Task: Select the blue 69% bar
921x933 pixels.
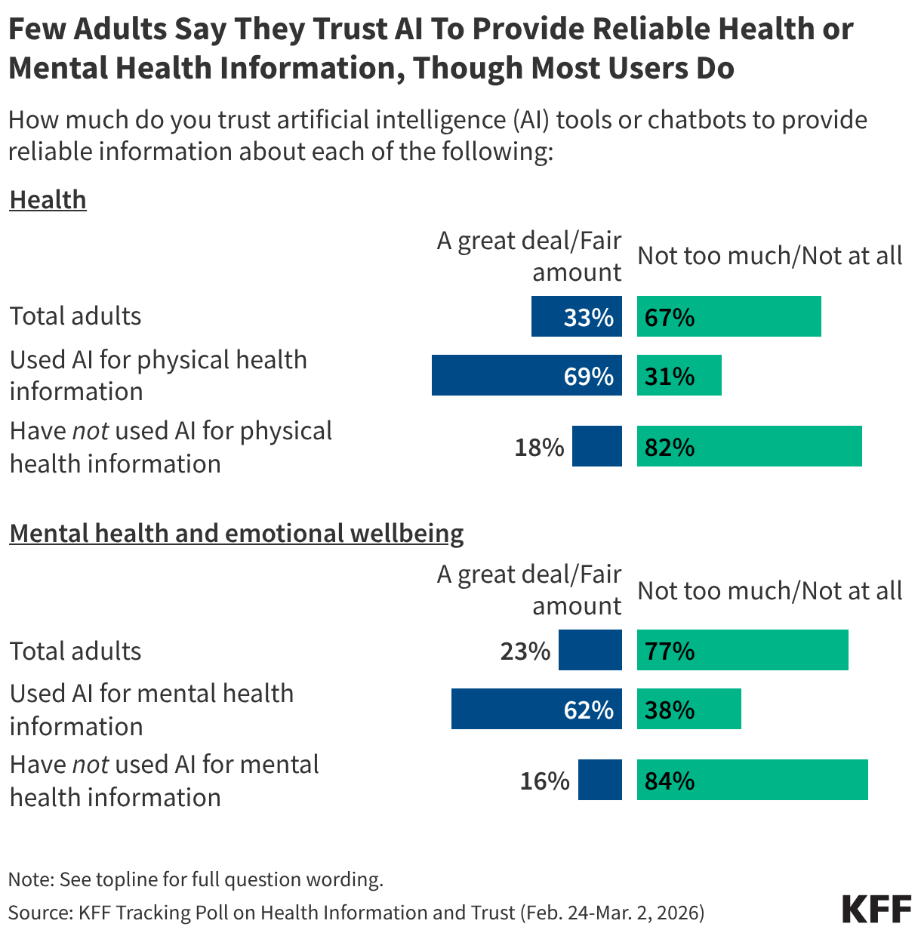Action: [x=526, y=375]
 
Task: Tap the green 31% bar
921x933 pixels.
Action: [x=679, y=375]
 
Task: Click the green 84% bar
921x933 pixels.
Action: [x=752, y=780]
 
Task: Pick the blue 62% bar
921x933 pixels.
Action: [x=536, y=709]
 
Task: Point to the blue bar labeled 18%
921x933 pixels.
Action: [x=596, y=446]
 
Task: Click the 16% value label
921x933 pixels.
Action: [x=544, y=781]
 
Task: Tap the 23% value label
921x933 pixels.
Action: [x=525, y=651]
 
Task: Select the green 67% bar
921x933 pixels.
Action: [x=728, y=316]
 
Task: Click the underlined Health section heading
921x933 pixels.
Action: [x=48, y=200]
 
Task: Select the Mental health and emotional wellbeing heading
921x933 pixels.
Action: [x=236, y=534]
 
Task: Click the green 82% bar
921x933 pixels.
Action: [x=749, y=446]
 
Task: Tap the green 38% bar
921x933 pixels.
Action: [x=688, y=709]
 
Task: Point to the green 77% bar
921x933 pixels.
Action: [x=742, y=650]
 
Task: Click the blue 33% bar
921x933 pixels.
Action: [x=576, y=316]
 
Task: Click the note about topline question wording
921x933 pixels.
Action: [x=196, y=879]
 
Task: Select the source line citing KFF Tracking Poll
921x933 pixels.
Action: [x=356, y=913]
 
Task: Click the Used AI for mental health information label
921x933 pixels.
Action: [x=151, y=710]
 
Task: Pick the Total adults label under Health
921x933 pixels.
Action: [x=75, y=316]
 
